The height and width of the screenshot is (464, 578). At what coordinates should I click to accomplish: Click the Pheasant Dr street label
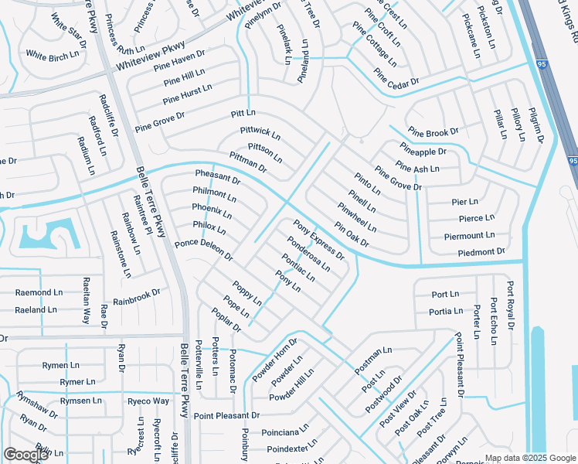point(218,177)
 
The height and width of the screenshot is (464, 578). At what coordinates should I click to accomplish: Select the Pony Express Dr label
point(318,240)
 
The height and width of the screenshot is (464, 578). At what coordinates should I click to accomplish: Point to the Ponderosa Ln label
point(308,254)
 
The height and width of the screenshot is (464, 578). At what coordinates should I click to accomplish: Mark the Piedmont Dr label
point(481,251)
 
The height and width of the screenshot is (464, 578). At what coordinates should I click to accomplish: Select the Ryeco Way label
point(148,401)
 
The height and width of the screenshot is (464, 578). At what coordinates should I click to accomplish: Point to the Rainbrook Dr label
point(136,298)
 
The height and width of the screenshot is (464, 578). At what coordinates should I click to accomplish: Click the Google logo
point(25,455)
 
